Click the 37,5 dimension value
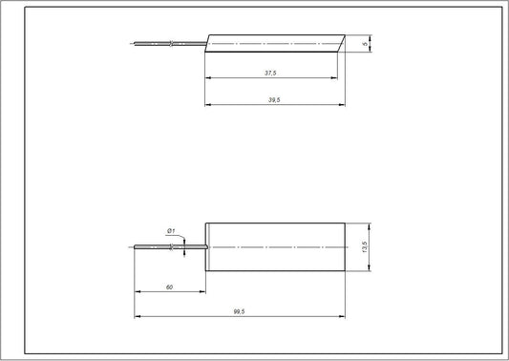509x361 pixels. click(x=270, y=72)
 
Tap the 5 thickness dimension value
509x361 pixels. click(x=367, y=43)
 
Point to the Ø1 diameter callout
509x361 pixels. click(x=170, y=230)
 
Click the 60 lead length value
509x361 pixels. click(x=169, y=287)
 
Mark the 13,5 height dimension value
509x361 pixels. click(x=365, y=246)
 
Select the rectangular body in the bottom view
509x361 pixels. click(x=275, y=246)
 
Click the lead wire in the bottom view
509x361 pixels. click(x=158, y=247)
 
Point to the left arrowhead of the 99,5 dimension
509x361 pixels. click(x=137, y=316)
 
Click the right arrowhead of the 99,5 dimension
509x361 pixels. click(x=342, y=316)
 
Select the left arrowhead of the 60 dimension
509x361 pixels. click(x=137, y=292)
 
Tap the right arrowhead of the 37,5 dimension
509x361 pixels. click(x=338, y=78)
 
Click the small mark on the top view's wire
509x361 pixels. click(x=170, y=43)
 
